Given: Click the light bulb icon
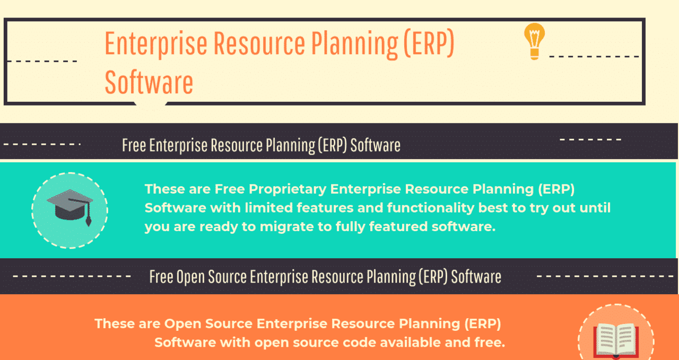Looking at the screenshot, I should tap(534, 41).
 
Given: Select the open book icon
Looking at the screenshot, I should tap(615, 340).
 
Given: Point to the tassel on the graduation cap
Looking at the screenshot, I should tap(88, 217).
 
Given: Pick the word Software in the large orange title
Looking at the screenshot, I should tap(149, 82).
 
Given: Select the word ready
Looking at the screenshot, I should tap(226, 227).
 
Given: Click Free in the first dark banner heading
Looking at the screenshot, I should tap(134, 145).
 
